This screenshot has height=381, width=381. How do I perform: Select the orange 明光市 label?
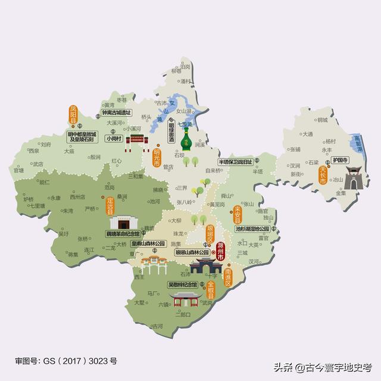click(157, 156)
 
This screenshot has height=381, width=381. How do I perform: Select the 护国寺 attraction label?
click(339, 160)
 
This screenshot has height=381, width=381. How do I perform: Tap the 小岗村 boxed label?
click(113, 138)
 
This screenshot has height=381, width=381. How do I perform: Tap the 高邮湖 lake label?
click(357, 142)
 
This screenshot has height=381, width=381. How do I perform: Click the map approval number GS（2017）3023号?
click(66, 361)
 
